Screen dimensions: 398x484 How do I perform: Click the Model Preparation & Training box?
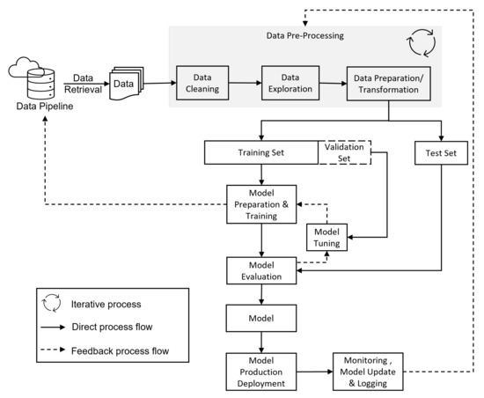point(261,203)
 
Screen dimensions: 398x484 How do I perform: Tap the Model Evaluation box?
point(261,270)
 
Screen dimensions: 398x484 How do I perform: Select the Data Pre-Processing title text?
point(305,36)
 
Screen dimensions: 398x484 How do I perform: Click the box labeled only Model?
point(261,316)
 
